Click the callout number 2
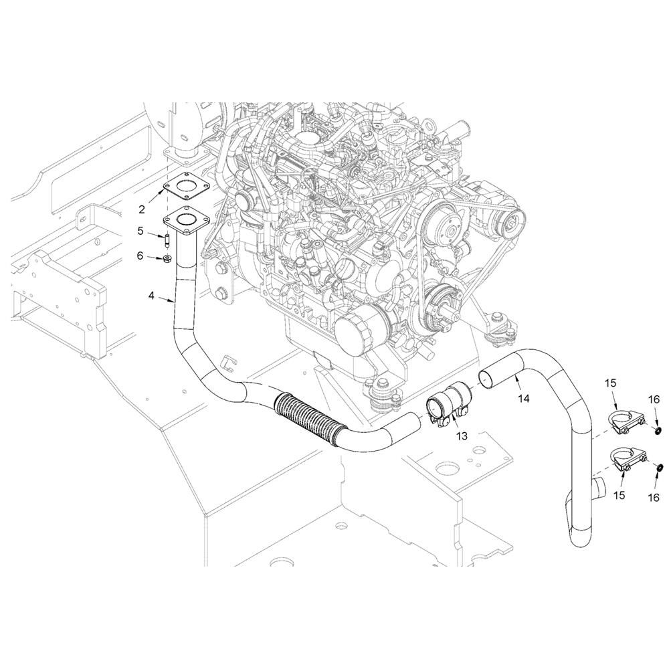click(x=142, y=209)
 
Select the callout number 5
click(x=140, y=231)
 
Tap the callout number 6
click(x=140, y=256)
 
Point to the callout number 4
click(x=151, y=295)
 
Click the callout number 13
click(x=462, y=436)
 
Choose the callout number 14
click(x=524, y=398)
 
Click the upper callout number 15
click(x=611, y=383)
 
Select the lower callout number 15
click(x=619, y=495)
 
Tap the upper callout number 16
click(x=654, y=399)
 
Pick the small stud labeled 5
click(x=167, y=239)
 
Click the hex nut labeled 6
click(x=168, y=258)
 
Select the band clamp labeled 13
click(x=448, y=403)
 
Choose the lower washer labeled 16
click(x=658, y=469)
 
